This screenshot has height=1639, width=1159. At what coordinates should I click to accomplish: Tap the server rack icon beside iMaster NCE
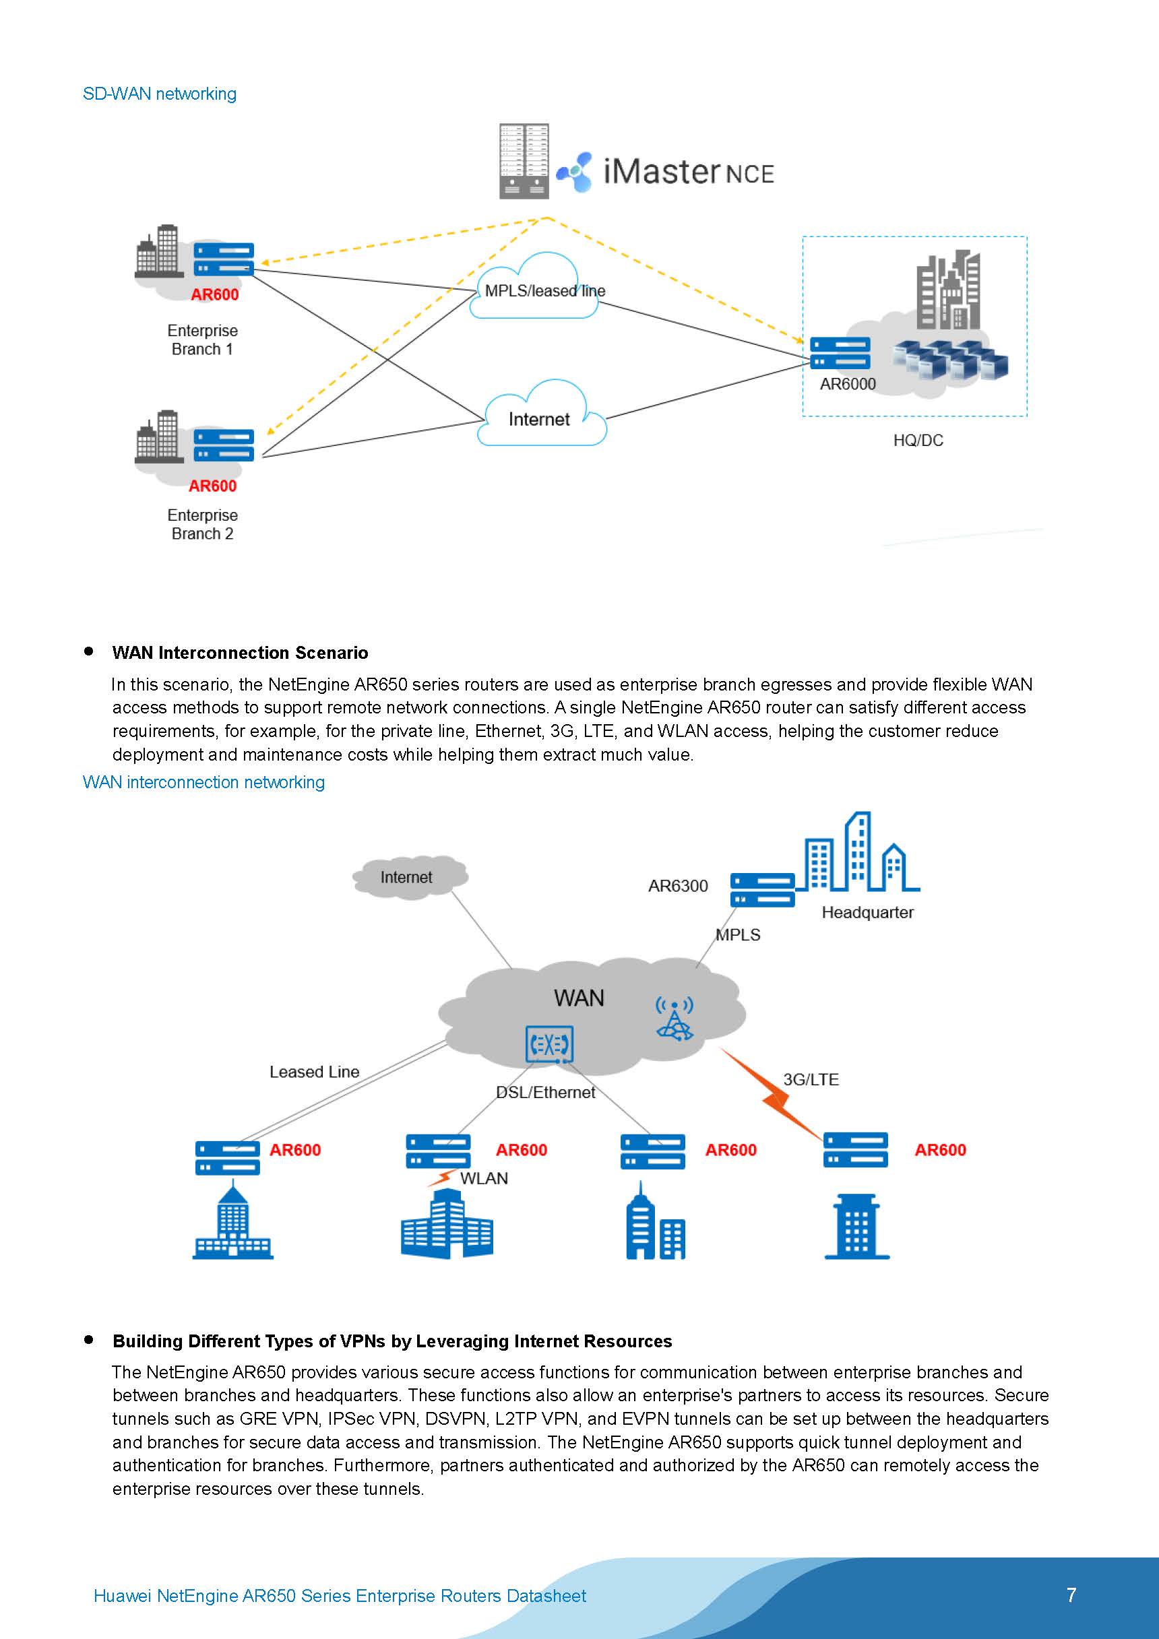pyautogui.click(x=524, y=160)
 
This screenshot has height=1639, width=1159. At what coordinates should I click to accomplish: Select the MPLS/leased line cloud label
pyautogui.click(x=544, y=290)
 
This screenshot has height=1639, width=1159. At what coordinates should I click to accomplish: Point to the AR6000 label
pyautogui.click(x=847, y=384)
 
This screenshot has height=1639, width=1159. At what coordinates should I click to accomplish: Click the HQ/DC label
pyautogui.click(x=918, y=441)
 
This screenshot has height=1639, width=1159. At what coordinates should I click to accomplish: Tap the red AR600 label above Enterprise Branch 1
pyautogui.click(x=214, y=295)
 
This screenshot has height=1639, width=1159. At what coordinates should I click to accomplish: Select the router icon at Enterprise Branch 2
pyautogui.click(x=224, y=445)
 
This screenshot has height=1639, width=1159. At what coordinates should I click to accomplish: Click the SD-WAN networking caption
pyautogui.click(x=159, y=94)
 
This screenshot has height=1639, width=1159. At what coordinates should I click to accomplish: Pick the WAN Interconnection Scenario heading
pyautogui.click(x=240, y=653)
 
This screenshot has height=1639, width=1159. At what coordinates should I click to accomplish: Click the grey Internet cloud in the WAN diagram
pyautogui.click(x=407, y=876)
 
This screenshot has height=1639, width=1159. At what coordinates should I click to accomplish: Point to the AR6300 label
pyautogui.click(x=678, y=886)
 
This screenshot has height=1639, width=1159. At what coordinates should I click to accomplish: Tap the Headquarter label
pyautogui.click(x=867, y=912)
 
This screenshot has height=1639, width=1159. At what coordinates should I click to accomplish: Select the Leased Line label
pyautogui.click(x=314, y=1072)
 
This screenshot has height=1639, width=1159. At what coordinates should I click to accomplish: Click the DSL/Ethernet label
pyautogui.click(x=545, y=1092)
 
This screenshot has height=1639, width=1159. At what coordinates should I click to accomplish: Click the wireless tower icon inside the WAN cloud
pyautogui.click(x=674, y=1019)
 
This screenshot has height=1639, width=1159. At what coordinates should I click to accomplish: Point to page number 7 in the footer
pyautogui.click(x=1071, y=1595)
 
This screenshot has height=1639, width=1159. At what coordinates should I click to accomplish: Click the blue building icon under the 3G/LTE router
pyautogui.click(x=856, y=1227)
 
